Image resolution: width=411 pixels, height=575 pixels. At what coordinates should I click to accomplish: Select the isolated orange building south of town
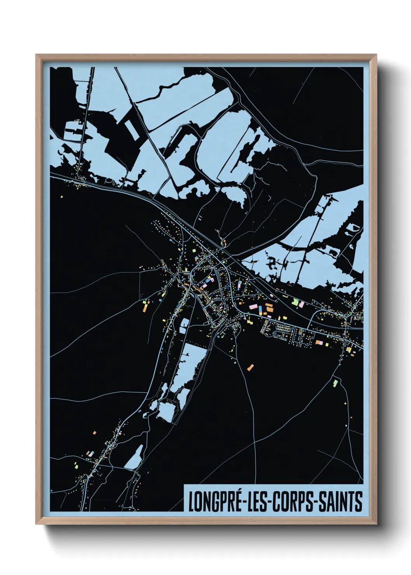click(x=251, y=367)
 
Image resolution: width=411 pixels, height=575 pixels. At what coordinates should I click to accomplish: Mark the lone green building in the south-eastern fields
click(x=335, y=383)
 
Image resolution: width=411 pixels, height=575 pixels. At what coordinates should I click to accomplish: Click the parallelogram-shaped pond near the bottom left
click(x=134, y=457)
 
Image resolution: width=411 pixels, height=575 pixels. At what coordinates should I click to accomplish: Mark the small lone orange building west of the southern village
click(x=94, y=432)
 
